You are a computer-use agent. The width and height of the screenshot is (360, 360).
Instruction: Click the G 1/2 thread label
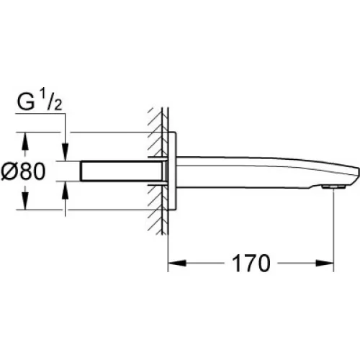coord(40,101)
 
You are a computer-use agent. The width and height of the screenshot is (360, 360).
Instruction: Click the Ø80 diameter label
coord(23,171)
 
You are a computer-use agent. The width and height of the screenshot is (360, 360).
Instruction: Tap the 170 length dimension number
coord(251,263)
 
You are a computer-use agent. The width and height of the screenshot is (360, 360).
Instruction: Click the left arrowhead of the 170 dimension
coord(177,263)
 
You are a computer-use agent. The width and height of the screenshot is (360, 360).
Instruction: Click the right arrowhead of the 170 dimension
coord(325,263)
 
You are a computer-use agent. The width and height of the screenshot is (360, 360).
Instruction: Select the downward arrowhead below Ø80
coord(25,201)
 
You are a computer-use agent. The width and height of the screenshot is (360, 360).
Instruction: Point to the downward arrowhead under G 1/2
coord(66,152)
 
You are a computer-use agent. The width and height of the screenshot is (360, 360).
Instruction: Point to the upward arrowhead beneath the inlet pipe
coord(66,190)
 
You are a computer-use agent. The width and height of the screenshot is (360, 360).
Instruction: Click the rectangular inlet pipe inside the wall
coord(123,171)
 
